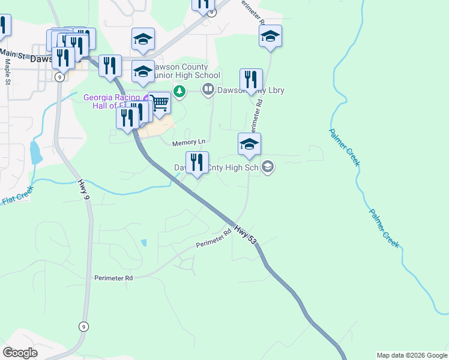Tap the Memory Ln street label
click(x=189, y=143)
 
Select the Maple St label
click(x=8, y=71)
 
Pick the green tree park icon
click(x=179, y=91)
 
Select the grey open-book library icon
click(x=208, y=91)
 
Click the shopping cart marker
click(x=159, y=103)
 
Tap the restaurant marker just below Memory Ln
click(x=197, y=162)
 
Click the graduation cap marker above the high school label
click(x=249, y=144)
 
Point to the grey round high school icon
click(x=268, y=167)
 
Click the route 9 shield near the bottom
click(x=83, y=326)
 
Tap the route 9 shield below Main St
click(x=59, y=77)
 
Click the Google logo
click(x=20, y=352)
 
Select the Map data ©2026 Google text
click(x=411, y=355)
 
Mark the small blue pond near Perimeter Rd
click(x=143, y=242)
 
